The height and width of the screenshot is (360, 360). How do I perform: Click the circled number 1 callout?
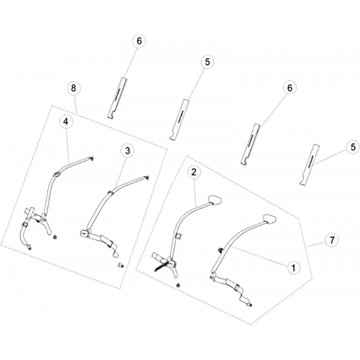(293, 268)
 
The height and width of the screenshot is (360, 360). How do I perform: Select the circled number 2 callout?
(193, 172)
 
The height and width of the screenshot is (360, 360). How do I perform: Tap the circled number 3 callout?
(127, 151)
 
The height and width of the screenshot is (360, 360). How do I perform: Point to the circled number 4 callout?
(65, 121)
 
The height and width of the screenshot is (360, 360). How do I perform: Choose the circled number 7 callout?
(332, 240)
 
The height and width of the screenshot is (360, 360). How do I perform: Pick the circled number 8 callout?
(73, 88)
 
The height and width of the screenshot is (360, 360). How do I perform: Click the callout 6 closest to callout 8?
(139, 40)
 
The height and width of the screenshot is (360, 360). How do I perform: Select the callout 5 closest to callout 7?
(352, 147)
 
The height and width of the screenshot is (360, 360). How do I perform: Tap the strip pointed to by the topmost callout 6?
(117, 98)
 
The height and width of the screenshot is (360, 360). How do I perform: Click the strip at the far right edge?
(310, 164)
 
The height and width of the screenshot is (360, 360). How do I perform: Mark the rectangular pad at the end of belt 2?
(215, 199)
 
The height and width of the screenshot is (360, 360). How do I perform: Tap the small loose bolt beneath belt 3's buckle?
(120, 265)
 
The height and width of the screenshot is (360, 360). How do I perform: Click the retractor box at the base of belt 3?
(83, 232)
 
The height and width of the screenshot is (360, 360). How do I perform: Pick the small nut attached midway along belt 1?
(220, 250)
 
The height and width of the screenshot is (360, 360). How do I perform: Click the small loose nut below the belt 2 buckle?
(178, 285)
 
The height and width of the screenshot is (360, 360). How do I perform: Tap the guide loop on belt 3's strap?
(110, 193)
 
